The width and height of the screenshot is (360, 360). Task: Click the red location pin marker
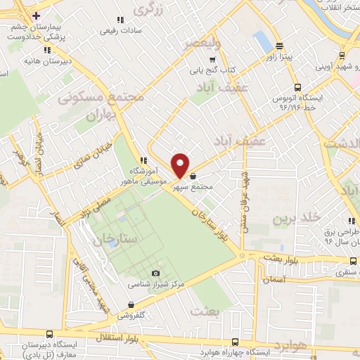click(x=180, y=165)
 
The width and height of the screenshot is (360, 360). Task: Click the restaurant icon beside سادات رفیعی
click(x=120, y=20)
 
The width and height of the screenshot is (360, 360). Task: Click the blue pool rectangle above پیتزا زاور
click(x=262, y=38)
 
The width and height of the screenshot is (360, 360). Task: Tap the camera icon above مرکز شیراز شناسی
click(x=155, y=274)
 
